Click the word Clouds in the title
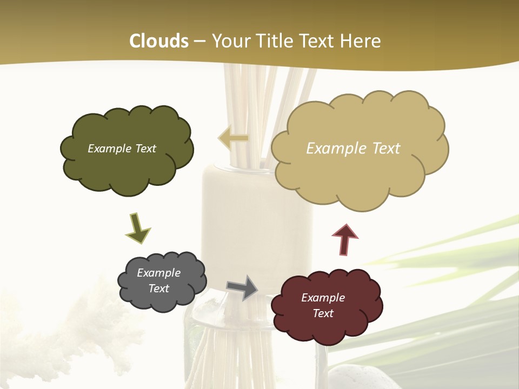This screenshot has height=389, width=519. tap(159, 41)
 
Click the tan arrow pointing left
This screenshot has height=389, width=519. tap(234, 138)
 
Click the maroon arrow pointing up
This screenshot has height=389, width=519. tap(344, 239)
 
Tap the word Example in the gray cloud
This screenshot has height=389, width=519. tap(159, 273)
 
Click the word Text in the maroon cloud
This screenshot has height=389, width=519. tap(323, 313)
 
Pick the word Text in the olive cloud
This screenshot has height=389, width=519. tap(144, 149)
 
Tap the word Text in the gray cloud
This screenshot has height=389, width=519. tap(159, 289)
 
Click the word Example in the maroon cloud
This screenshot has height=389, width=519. tap(323, 298)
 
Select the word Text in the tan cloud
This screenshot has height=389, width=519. tap(385, 149)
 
